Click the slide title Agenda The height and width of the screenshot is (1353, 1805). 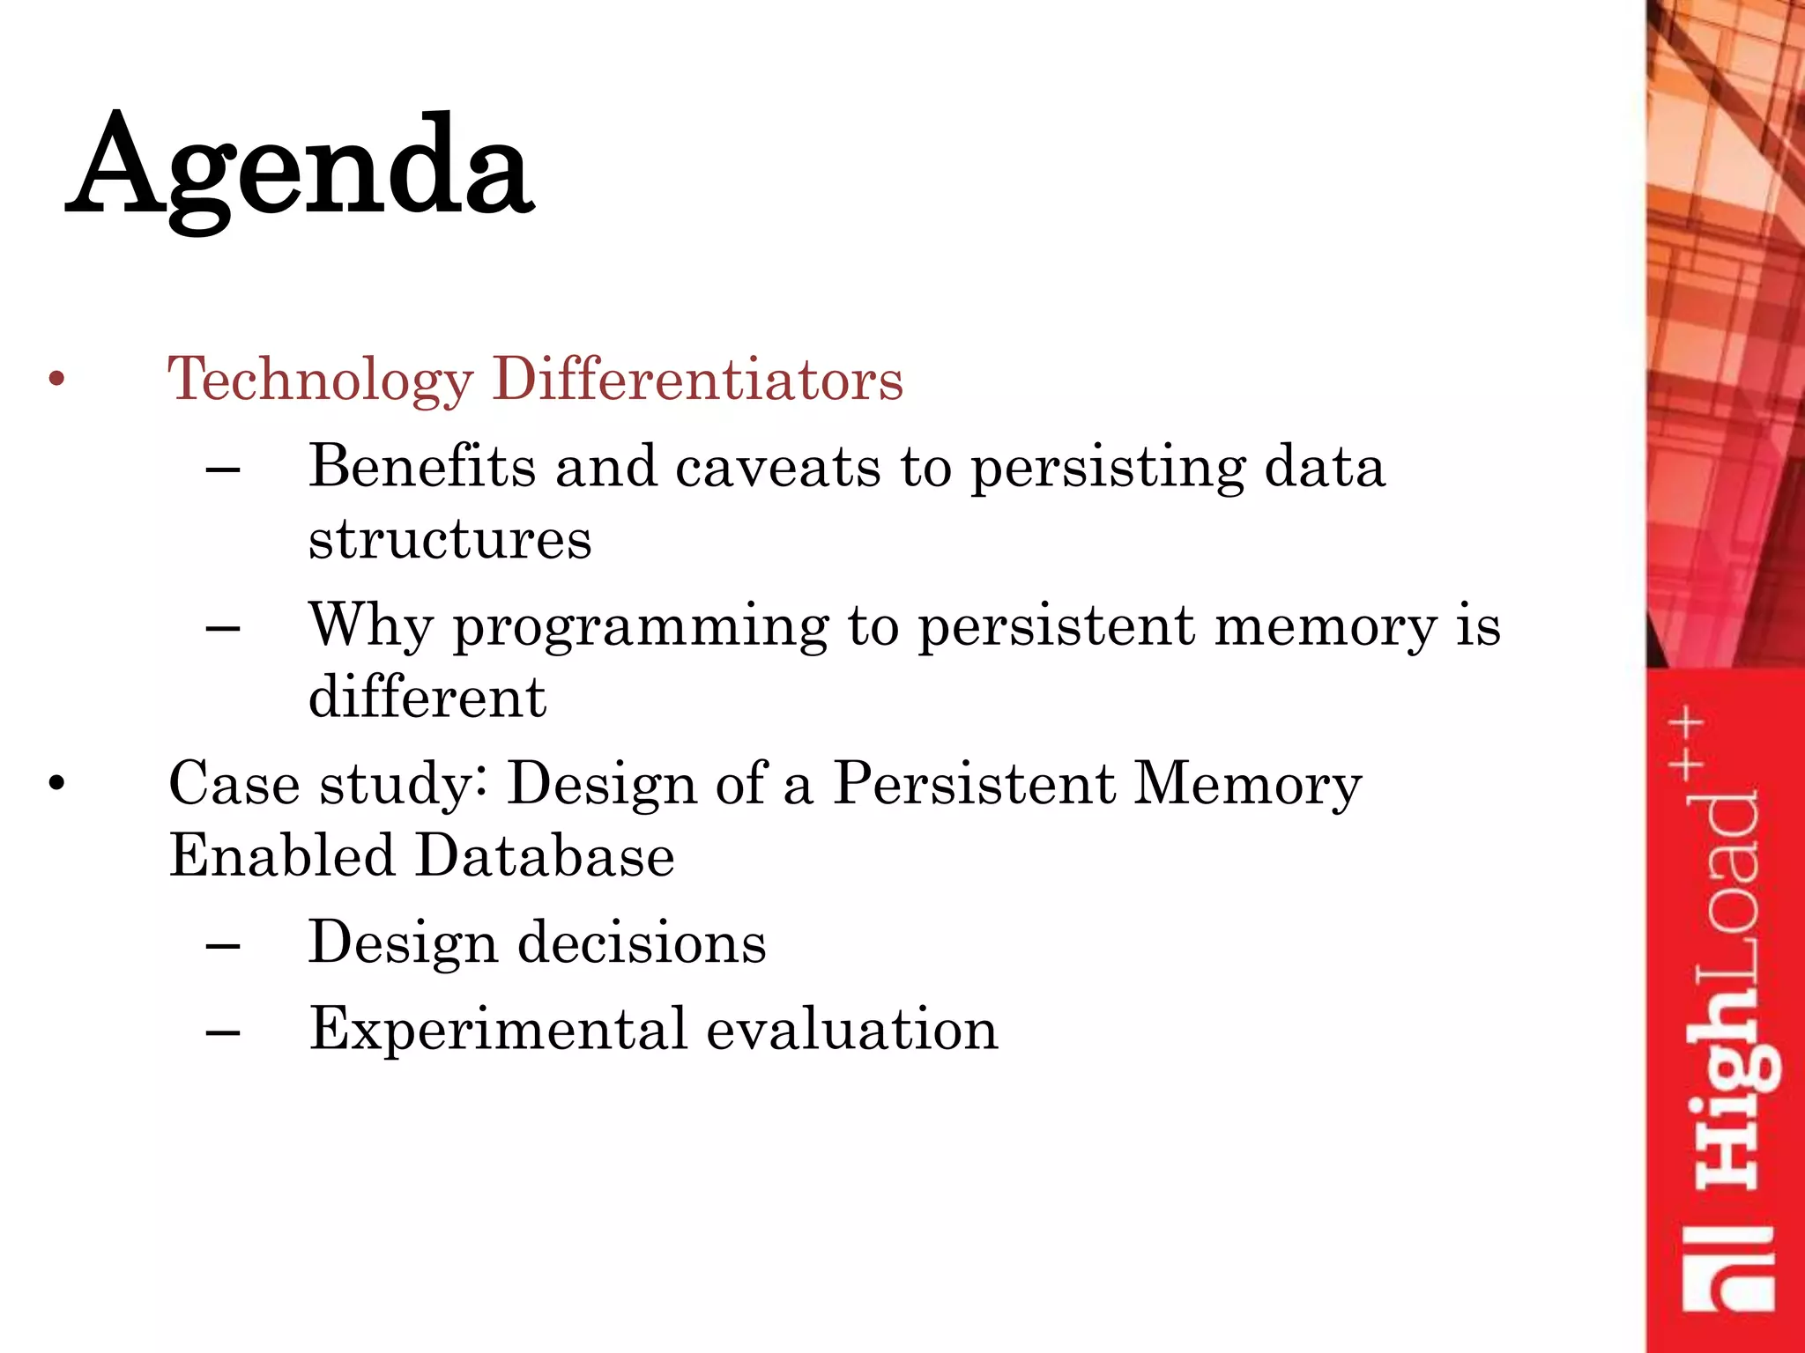pos(300,167)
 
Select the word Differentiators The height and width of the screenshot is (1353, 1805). pos(697,380)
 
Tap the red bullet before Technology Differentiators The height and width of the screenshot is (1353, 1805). pos(57,380)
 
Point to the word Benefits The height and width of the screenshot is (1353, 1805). pos(421,466)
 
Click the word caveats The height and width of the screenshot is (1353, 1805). pos(777,466)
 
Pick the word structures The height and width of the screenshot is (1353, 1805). pos(449,538)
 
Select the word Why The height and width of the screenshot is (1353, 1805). pos(371,625)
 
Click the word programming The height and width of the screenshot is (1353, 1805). pos(641,627)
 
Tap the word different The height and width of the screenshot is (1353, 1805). pos(427,697)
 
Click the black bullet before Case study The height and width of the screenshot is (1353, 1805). pos(57,783)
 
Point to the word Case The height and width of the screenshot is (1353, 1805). pos(234,783)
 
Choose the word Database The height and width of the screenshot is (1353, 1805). pos(545,855)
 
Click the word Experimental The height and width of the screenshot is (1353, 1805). pos(498,1030)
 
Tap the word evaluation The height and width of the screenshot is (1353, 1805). pos(852,1029)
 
